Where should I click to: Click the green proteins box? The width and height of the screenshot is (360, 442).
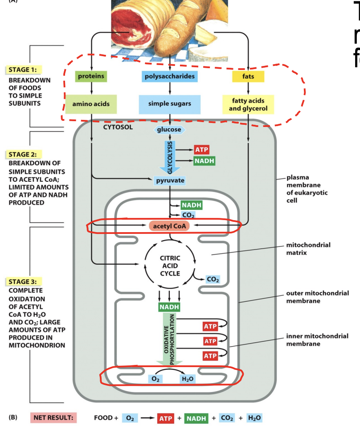(x=91, y=76)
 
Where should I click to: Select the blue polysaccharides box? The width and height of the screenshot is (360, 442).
(x=169, y=76)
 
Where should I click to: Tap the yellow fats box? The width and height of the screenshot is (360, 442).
(x=248, y=77)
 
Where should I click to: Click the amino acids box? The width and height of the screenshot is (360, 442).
(x=91, y=104)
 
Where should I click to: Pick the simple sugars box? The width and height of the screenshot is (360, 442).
(x=169, y=104)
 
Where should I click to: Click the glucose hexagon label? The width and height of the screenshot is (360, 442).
(x=169, y=130)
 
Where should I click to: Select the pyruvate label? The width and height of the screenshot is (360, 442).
(x=169, y=180)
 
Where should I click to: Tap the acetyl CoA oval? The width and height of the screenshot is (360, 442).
(x=169, y=226)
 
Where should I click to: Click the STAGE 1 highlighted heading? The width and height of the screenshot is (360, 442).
(x=23, y=70)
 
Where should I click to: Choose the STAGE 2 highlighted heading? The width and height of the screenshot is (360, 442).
(x=23, y=154)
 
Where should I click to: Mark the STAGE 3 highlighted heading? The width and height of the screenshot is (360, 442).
(x=23, y=282)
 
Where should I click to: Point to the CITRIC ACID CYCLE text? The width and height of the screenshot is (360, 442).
(x=169, y=266)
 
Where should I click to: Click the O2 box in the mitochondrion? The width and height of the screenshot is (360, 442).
(x=155, y=379)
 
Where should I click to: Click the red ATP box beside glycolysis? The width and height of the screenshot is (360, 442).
(x=201, y=149)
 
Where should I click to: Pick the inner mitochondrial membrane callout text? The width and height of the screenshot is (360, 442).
(x=317, y=340)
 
